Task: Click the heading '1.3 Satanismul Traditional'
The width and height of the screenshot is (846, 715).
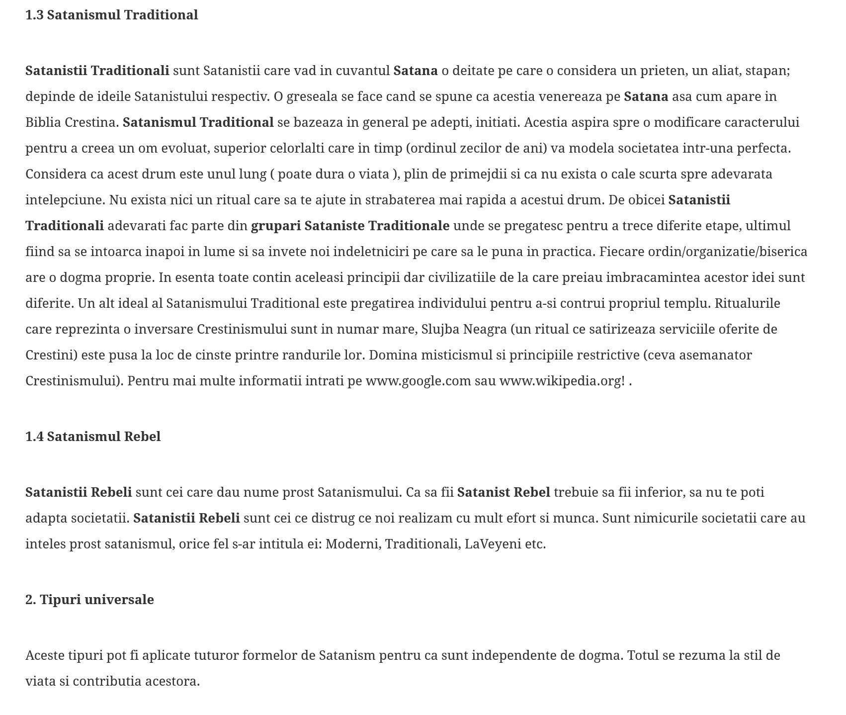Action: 111,15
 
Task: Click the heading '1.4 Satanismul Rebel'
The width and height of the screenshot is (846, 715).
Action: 93,437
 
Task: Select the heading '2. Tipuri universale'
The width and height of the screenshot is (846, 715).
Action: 89,600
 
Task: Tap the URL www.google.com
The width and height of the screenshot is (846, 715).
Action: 418,381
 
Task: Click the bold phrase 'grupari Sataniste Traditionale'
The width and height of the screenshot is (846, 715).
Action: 350,226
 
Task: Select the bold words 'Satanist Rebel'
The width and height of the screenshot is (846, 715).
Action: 503,492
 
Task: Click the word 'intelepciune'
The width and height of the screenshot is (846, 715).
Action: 65,200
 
